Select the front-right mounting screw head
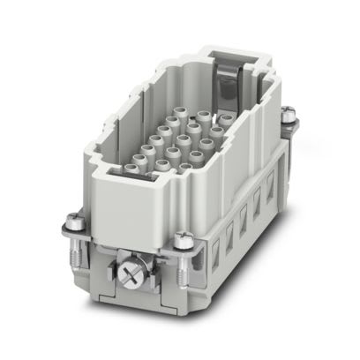pyautogui.click(x=184, y=238)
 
